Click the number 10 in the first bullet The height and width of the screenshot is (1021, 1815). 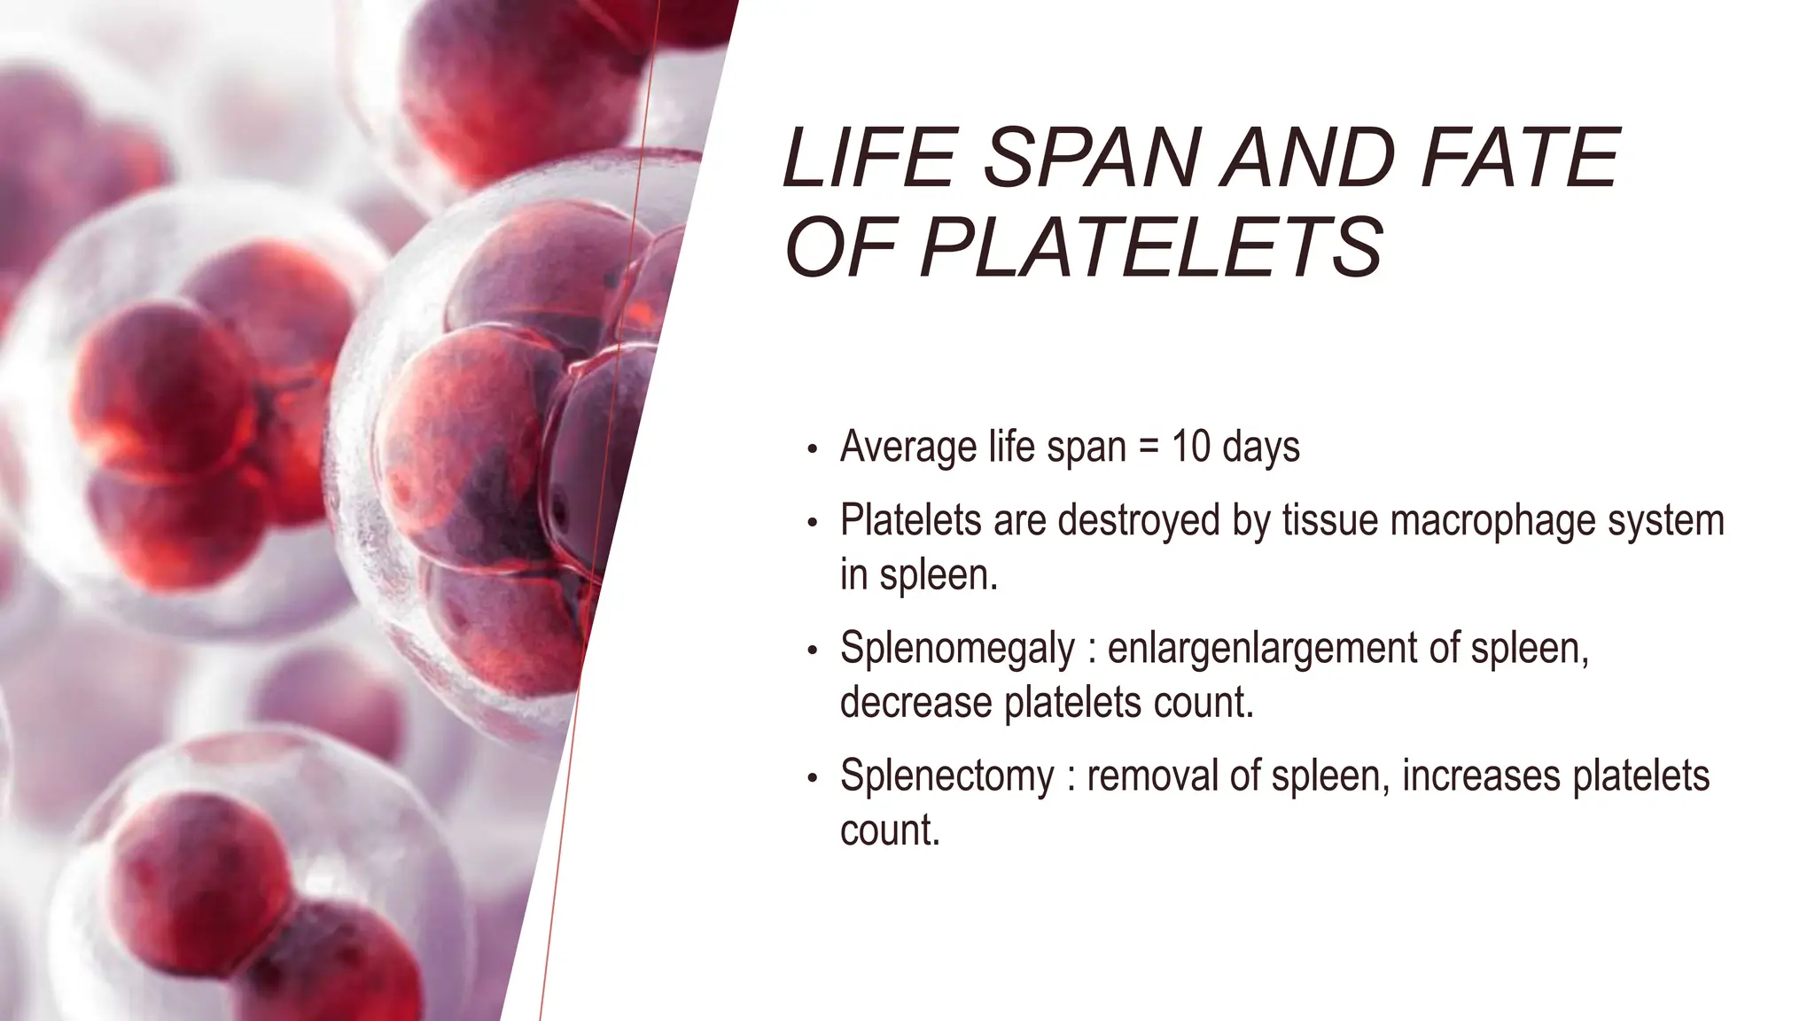point(1190,446)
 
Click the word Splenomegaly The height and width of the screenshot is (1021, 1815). point(957,649)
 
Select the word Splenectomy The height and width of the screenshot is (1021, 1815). point(946,776)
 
